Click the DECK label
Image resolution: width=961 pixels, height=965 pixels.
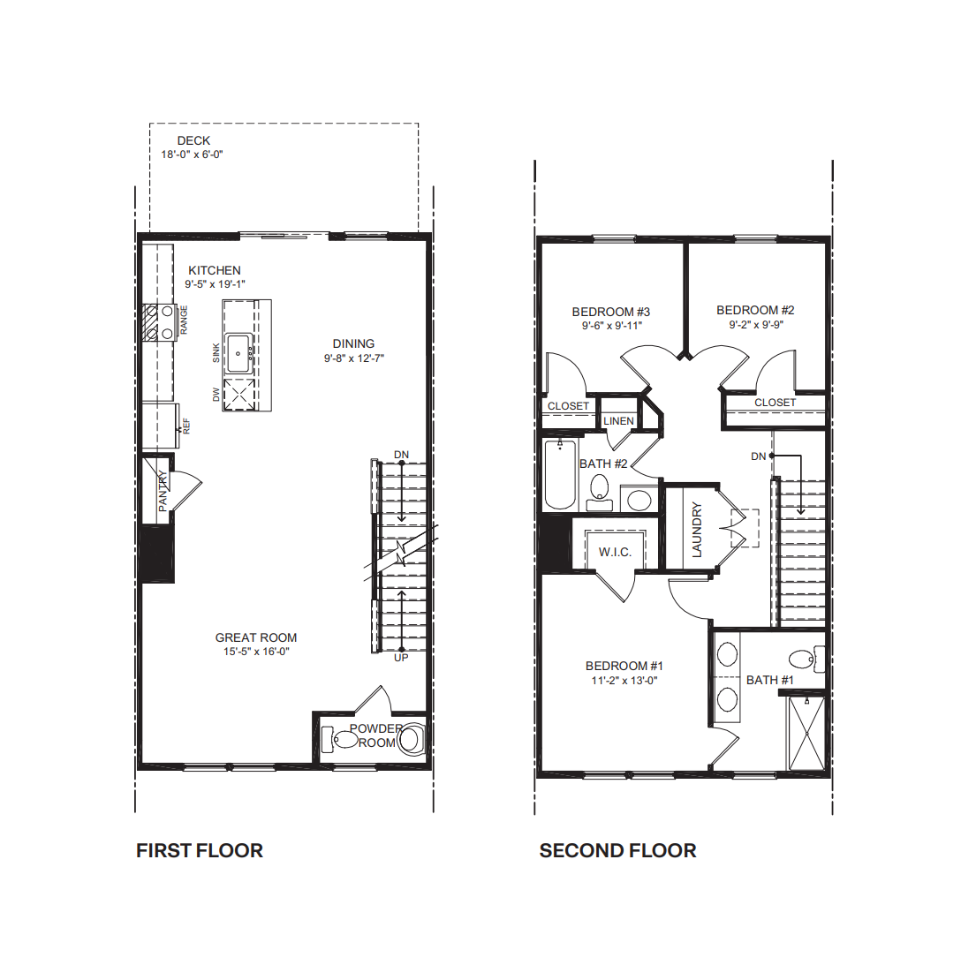pyautogui.click(x=193, y=141)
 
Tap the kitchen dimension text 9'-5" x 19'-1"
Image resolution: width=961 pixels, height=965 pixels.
pyautogui.click(x=215, y=284)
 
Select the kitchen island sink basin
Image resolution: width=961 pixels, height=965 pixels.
pyautogui.click(x=238, y=354)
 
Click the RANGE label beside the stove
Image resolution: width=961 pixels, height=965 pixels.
pyautogui.click(x=184, y=320)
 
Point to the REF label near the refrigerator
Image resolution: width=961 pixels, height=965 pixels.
pyautogui.click(x=185, y=426)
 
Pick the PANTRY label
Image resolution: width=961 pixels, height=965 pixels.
pyautogui.click(x=163, y=491)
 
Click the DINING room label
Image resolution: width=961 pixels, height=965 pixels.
pyautogui.click(x=353, y=344)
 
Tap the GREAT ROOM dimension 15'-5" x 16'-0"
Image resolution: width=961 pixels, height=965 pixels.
pyautogui.click(x=256, y=652)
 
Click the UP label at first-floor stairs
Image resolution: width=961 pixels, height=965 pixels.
pyautogui.click(x=401, y=658)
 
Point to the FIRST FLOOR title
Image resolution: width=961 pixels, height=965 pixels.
pyautogui.click(x=200, y=850)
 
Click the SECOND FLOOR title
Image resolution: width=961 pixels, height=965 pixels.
pyautogui.click(x=617, y=850)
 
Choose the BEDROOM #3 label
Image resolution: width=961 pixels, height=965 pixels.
pyautogui.click(x=610, y=312)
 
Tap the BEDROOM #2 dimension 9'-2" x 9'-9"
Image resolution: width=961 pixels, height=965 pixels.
pyautogui.click(x=756, y=324)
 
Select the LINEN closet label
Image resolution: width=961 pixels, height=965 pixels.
pyautogui.click(x=618, y=421)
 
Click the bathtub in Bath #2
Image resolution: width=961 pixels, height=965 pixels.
pyautogui.click(x=560, y=474)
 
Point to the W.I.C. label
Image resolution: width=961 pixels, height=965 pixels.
pyautogui.click(x=615, y=552)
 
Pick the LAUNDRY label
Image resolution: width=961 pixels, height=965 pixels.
pyautogui.click(x=697, y=529)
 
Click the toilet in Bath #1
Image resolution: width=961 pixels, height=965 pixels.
pyautogui.click(x=806, y=660)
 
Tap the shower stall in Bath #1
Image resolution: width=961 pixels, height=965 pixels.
pyautogui.click(x=806, y=733)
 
